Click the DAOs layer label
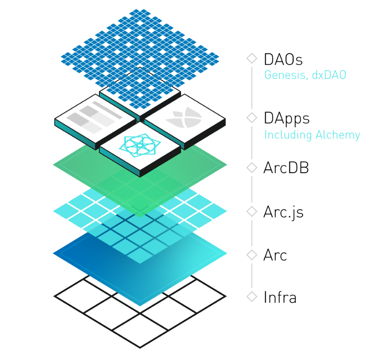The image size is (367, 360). pyautogui.click(x=283, y=60)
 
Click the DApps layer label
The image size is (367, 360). pyautogui.click(x=286, y=119)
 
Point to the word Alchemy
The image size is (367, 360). pyautogui.click(x=338, y=135)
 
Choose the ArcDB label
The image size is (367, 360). pyautogui.click(x=286, y=167)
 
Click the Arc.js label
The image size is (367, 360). pyautogui.click(x=283, y=212)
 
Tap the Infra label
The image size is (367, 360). pyautogui.click(x=280, y=297)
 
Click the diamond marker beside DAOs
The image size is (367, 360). pyautogui.click(x=252, y=59)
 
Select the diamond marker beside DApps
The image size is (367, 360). pyautogui.click(x=252, y=118)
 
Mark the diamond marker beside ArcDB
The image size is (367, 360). pyautogui.click(x=252, y=167)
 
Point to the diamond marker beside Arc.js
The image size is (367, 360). pyautogui.click(x=252, y=211)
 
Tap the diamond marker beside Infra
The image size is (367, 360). pyautogui.click(x=252, y=297)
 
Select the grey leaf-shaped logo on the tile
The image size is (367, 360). pyautogui.click(x=184, y=118)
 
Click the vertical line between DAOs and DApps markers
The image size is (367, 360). pyautogui.click(x=252, y=88)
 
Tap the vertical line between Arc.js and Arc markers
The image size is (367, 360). pyautogui.click(x=252, y=233)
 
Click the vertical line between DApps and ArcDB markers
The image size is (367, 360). pyautogui.click(x=252, y=142)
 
